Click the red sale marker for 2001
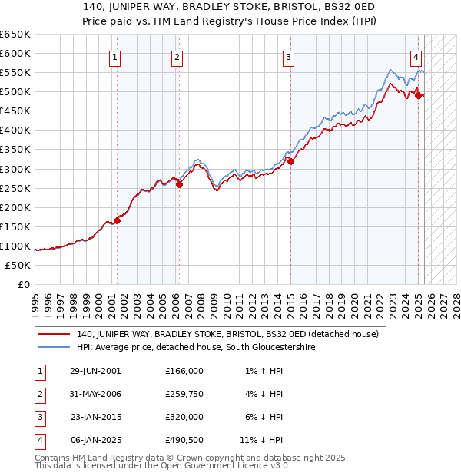[x=118, y=220]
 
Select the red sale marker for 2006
[x=179, y=184]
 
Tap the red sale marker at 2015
[x=290, y=161]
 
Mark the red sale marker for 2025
[x=418, y=96]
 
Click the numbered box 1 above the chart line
[x=114, y=56]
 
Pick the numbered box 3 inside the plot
[x=288, y=56]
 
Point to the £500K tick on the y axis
[x=15, y=92]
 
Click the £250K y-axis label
[x=15, y=188]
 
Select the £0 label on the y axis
[x=23, y=284]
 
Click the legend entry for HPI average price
[x=196, y=347]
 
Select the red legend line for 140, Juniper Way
[x=55, y=334]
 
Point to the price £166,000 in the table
[x=184, y=370]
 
